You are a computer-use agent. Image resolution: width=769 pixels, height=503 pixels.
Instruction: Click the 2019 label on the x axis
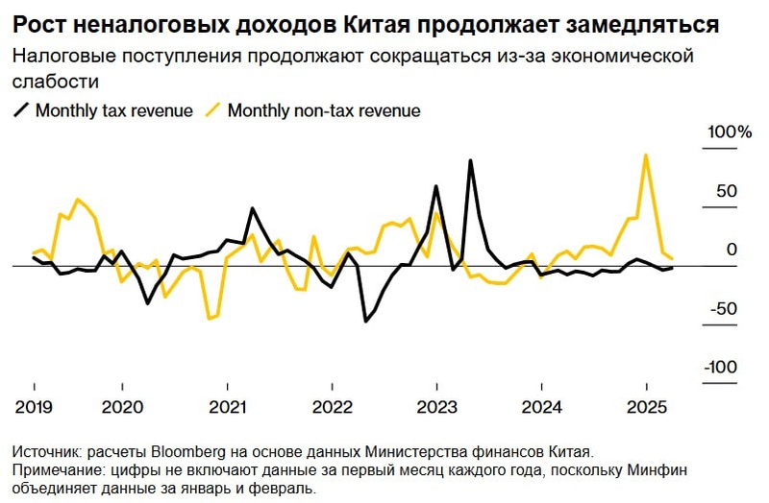[x=34, y=405]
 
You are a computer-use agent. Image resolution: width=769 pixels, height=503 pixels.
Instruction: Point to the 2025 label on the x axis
[x=646, y=405]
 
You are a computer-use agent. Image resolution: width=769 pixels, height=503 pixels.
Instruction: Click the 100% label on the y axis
[x=731, y=132]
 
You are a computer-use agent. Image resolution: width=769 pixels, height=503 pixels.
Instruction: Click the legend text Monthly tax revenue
[x=114, y=110]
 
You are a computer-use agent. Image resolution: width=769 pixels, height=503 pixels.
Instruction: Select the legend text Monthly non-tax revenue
[x=324, y=110]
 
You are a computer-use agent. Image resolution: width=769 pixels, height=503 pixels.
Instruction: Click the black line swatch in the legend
[x=20, y=110]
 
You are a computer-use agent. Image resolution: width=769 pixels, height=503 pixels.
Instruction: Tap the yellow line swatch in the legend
[x=211, y=110]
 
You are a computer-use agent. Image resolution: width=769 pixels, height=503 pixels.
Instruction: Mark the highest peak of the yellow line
[x=645, y=155]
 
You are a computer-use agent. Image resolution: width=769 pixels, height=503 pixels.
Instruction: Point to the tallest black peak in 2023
[x=471, y=160]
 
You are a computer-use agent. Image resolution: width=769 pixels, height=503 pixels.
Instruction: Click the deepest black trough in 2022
[x=365, y=321]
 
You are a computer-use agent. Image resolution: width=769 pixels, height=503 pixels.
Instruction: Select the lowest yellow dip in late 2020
[x=211, y=318]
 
